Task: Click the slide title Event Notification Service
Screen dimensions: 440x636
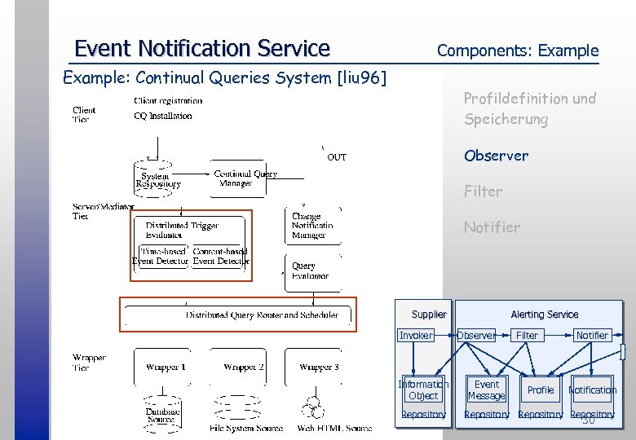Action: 201,49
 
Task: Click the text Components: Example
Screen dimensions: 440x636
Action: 517,51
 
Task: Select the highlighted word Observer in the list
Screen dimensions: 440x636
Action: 496,156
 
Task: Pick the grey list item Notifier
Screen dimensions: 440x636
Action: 491,227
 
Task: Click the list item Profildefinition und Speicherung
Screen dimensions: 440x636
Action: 529,109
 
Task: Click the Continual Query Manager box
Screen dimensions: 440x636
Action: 245,178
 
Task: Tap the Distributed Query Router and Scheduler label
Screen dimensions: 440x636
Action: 262,315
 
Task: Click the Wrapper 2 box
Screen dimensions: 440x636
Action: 243,367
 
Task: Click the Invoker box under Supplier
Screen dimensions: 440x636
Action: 416,336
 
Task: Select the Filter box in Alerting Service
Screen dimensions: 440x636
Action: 527,336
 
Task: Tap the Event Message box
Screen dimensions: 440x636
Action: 486,390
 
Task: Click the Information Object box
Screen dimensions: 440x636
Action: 423,390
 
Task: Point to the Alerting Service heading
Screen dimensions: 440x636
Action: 544,315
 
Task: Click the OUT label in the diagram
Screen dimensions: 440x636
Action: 337,157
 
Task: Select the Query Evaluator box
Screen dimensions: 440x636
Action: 310,271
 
